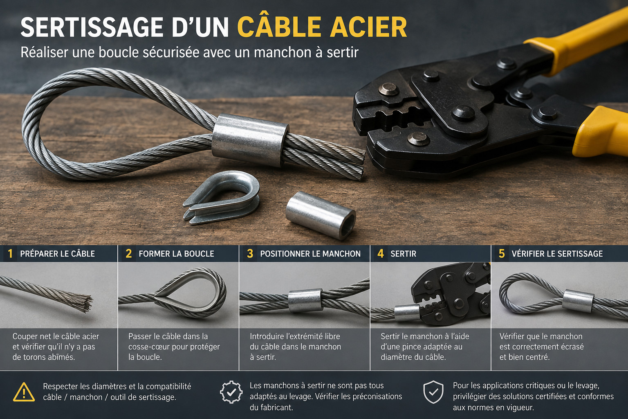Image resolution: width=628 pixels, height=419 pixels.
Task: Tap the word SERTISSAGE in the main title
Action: pos(92,27)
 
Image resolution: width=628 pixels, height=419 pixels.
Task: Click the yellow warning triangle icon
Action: pos(24,392)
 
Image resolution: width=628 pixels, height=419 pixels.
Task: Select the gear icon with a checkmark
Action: pos(231,392)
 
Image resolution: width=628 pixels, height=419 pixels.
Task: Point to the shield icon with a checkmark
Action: pos(433,392)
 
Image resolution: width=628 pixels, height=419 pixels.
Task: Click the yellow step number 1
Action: pos(10,254)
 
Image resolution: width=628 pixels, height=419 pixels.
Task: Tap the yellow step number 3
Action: pos(250,254)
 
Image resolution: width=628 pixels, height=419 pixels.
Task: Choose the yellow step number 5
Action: pos(502,254)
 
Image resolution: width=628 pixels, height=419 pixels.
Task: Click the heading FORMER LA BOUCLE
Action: pos(176,254)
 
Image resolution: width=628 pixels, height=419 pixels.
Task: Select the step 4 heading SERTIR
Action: pos(403,254)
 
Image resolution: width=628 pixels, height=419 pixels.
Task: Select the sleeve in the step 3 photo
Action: pos(305,301)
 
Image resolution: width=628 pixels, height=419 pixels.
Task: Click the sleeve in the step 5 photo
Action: pos(578,301)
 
